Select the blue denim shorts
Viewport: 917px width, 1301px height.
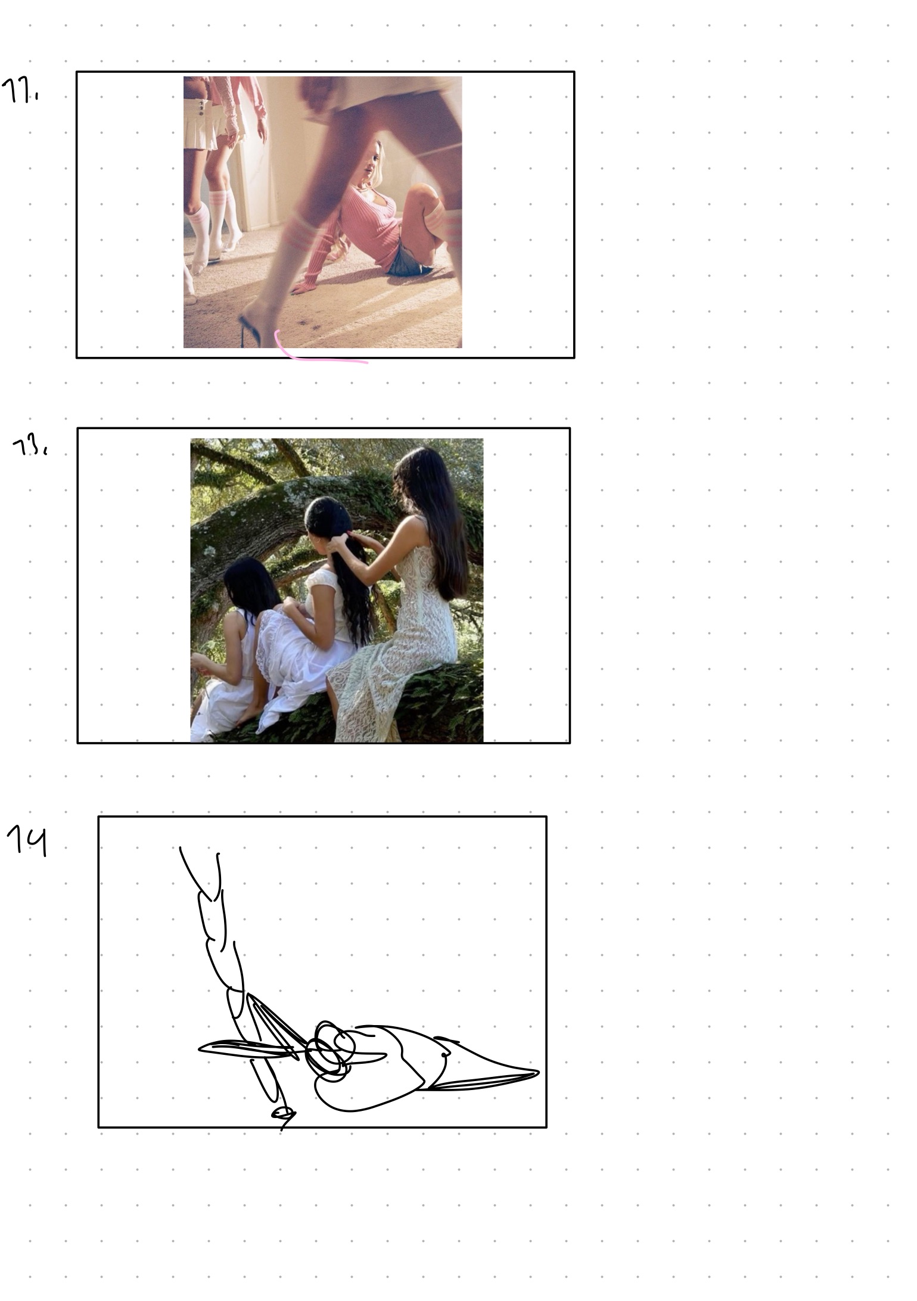click(408, 262)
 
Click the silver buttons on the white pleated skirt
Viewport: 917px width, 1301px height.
click(201, 107)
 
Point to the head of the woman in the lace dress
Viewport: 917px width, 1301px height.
click(417, 471)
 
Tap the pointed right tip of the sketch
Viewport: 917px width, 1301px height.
click(536, 1073)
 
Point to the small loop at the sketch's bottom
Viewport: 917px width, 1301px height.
click(282, 1112)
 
